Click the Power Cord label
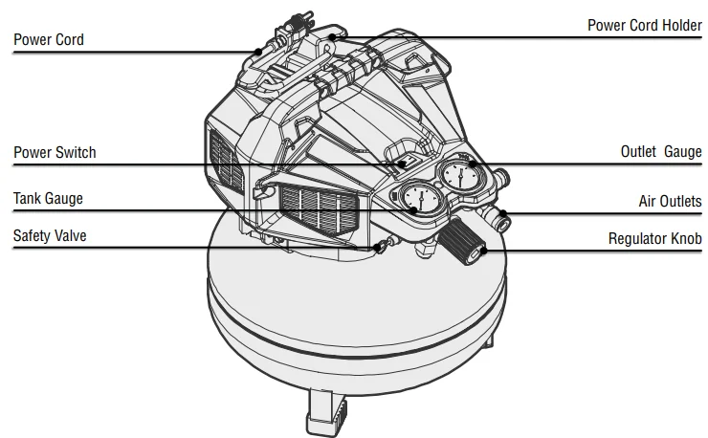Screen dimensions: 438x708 coord(48,40)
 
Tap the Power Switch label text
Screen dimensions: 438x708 coord(55,153)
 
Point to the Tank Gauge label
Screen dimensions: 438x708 coord(48,199)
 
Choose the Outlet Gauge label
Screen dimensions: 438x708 coord(661,152)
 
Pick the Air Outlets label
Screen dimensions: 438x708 coord(670,202)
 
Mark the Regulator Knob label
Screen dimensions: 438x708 coord(655,238)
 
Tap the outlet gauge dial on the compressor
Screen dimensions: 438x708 coord(462,177)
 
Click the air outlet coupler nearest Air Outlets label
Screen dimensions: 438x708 coord(500,219)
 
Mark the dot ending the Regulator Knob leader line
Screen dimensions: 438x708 coord(484,251)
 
